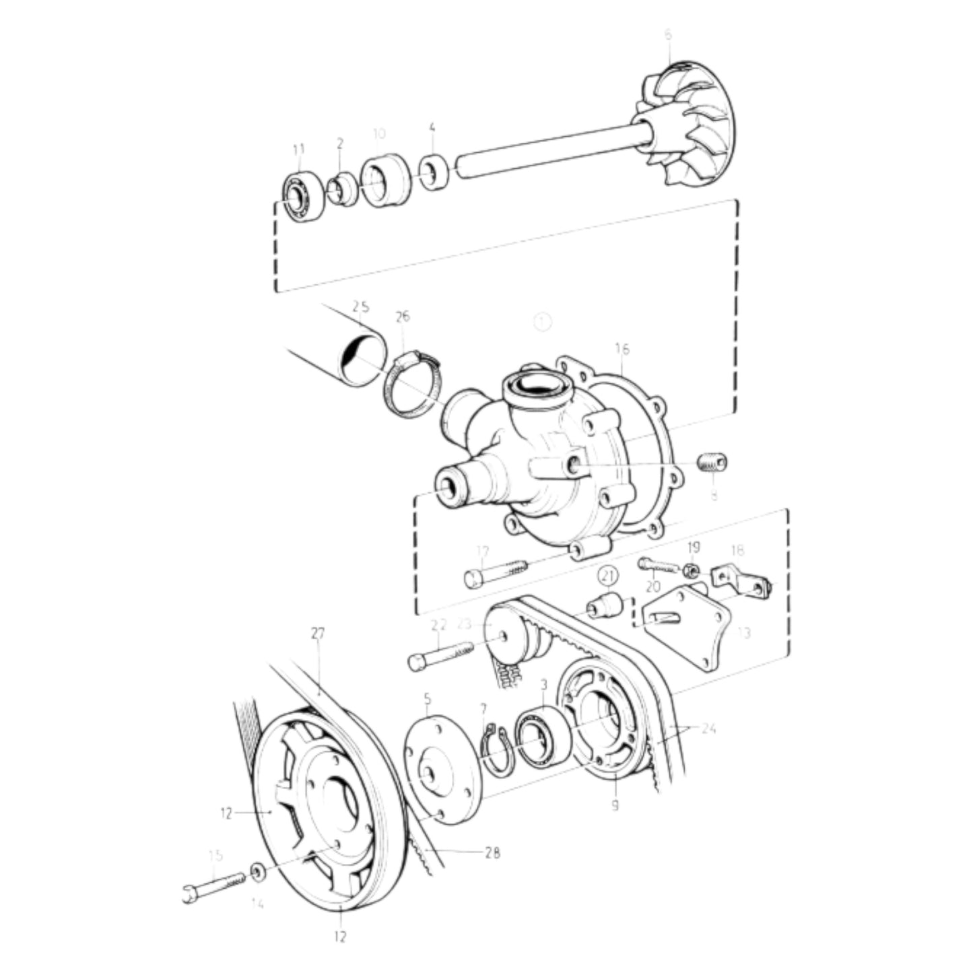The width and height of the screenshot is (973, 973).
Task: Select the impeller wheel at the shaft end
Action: [x=690, y=125]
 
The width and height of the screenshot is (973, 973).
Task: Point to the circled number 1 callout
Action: [x=543, y=322]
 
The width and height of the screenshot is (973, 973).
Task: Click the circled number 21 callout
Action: [x=608, y=576]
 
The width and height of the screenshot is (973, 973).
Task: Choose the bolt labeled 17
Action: [x=495, y=573]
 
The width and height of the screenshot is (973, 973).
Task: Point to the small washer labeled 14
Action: [x=258, y=872]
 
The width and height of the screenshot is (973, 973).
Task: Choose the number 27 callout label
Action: [x=318, y=634]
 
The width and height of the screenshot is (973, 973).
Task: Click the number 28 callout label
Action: [x=492, y=852]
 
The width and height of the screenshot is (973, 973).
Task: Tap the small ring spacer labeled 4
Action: [x=435, y=173]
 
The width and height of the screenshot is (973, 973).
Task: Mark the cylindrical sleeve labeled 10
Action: [x=385, y=180]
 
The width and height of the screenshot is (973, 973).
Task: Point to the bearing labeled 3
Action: [x=542, y=736]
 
